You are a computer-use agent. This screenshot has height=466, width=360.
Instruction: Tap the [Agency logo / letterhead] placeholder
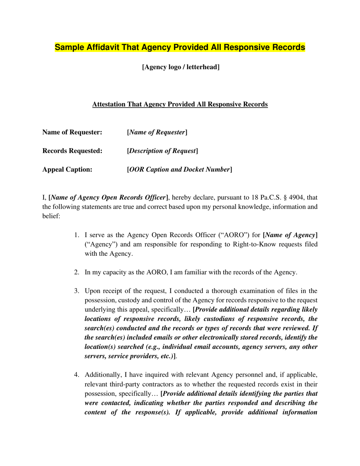[181, 67]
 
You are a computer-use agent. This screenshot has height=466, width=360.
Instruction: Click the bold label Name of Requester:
[72, 132]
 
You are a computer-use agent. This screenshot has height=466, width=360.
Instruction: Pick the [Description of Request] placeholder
[162, 151]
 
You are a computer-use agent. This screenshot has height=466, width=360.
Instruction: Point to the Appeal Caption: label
[67, 169]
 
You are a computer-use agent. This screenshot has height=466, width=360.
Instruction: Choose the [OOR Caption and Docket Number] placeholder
[179, 169]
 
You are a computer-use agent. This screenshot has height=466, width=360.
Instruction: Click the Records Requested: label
[72, 151]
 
